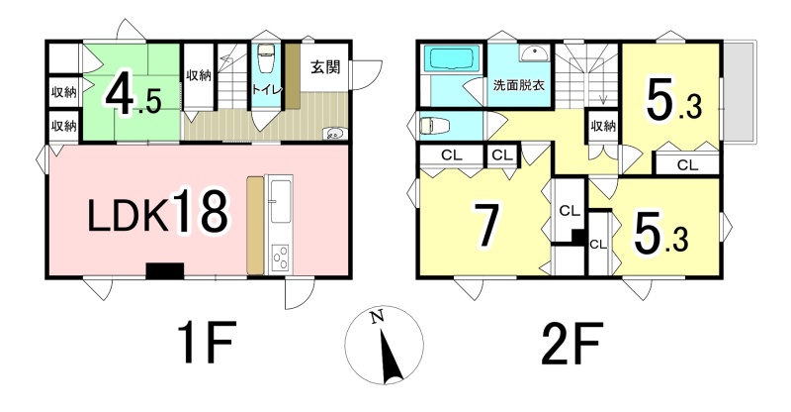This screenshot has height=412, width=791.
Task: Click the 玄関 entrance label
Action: coord(325,66)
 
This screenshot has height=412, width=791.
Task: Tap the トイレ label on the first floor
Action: coord(266,90)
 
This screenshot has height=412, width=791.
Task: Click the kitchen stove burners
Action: coord(279,258)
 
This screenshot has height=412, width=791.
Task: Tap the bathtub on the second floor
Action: coord(452,59)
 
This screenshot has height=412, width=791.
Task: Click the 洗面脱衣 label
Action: coord(518,85)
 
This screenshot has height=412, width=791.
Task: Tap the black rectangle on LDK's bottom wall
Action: coord(164,270)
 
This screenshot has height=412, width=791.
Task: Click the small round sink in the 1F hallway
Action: coord(334,134)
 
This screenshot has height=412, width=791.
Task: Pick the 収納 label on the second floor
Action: coord(603,126)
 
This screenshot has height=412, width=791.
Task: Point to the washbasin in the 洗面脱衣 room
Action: coord(533,53)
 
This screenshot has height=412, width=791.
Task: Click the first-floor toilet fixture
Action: coord(265,59)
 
